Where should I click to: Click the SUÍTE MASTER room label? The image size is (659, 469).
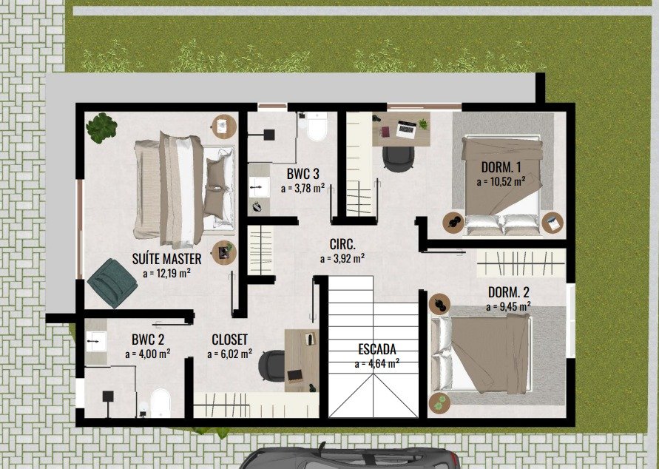pos(166,259)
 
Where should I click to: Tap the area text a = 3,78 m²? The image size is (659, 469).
pos(303,188)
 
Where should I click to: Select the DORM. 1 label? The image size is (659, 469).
pos(501,167)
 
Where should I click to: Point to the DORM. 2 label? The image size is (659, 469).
pos(509,292)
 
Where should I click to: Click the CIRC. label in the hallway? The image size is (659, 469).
pos(342,243)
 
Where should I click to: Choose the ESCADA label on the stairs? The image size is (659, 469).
pos(377,349)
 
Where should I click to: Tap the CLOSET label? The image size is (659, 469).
pos(229,340)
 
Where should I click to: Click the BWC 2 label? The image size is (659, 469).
pos(147,339)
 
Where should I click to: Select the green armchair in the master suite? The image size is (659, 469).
pos(112,283)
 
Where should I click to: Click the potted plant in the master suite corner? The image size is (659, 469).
pos(101,128)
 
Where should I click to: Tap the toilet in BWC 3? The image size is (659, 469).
pos(317,126)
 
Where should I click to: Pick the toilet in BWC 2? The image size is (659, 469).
pos(160,402)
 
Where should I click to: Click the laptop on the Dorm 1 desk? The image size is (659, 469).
pos(406,129)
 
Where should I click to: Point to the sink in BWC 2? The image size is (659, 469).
pos(96,341)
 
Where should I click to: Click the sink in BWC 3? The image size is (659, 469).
pos(259,187)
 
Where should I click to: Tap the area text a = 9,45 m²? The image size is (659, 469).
pos(508,306)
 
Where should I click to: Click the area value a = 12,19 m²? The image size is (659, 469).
pos(167,273)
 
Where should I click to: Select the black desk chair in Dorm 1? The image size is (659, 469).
pos(399,158)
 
